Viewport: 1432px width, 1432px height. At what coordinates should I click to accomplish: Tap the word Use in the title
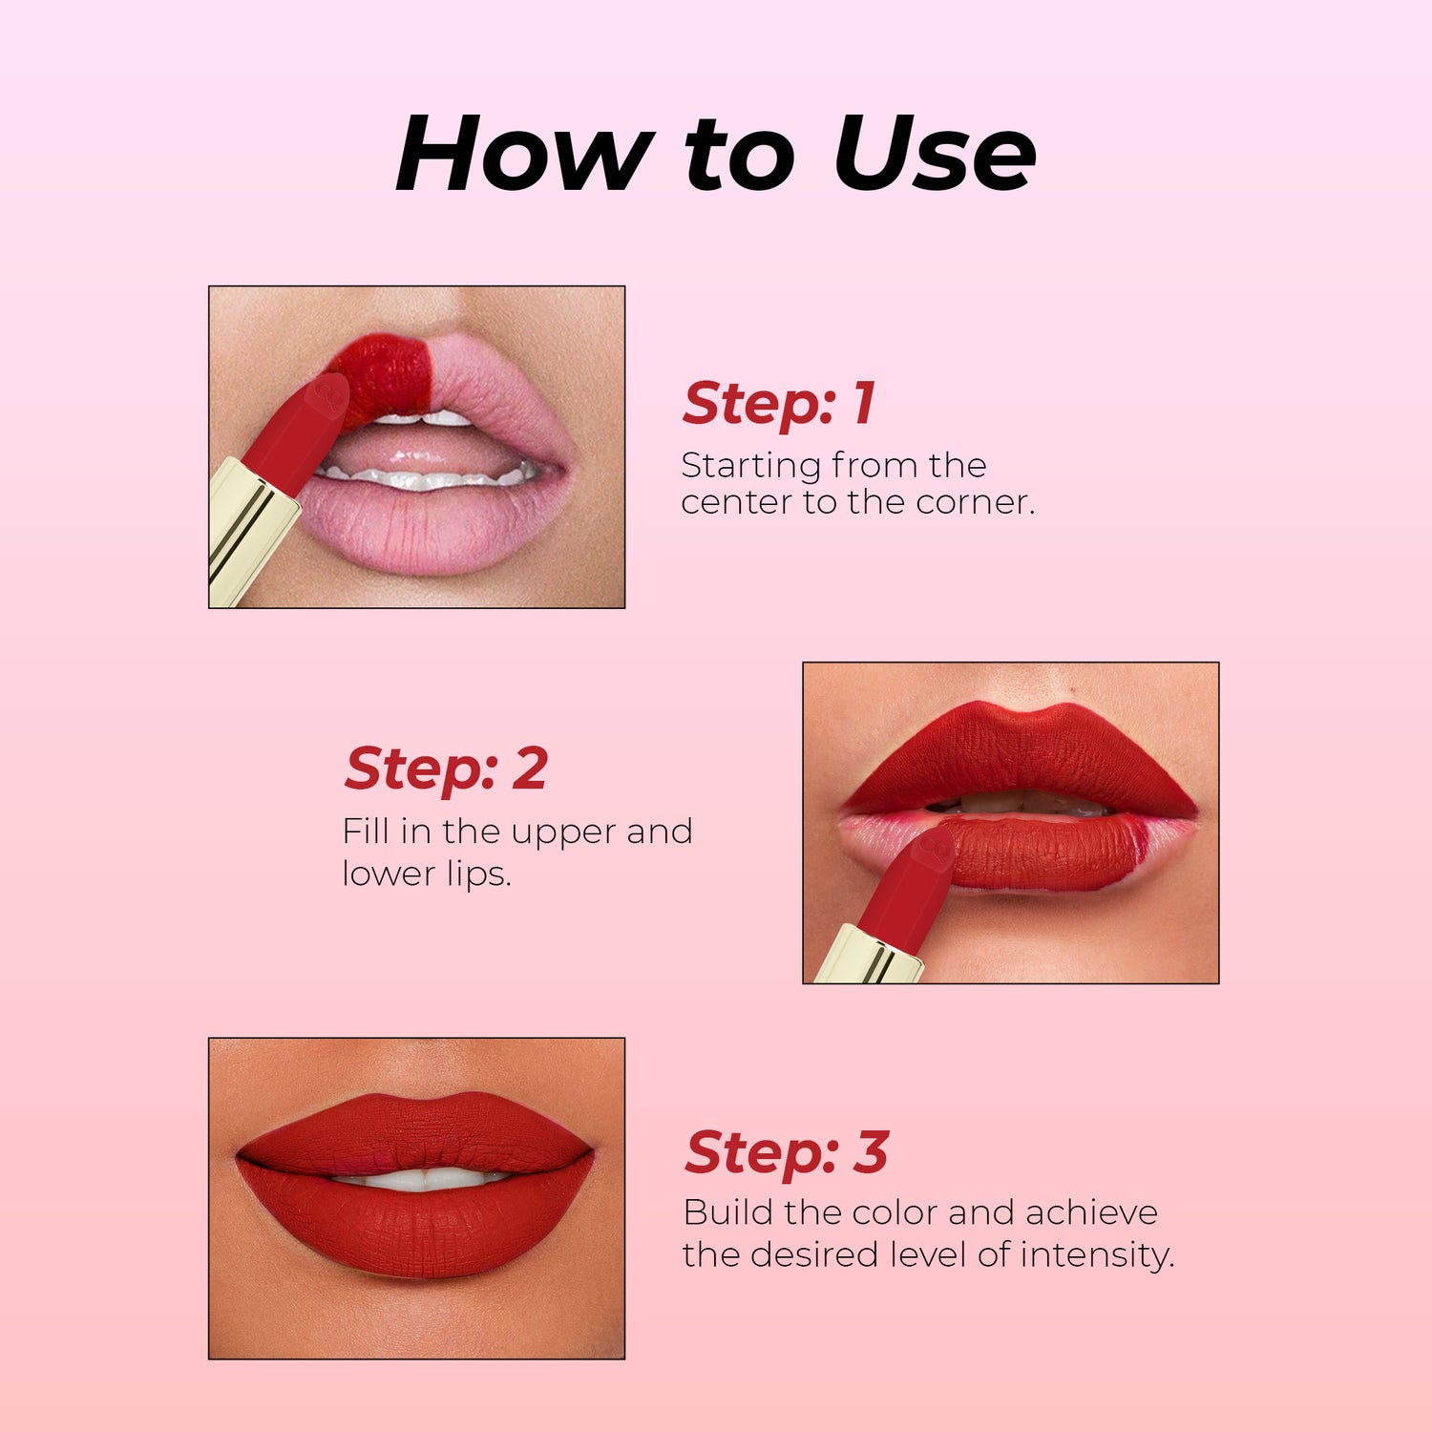935,153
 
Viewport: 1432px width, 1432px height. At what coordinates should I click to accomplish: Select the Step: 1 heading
779,403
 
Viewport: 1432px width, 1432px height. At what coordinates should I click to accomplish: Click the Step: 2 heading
446,769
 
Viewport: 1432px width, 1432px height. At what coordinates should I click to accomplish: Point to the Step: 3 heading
787,1152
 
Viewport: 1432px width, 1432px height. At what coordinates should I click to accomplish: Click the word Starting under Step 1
751,467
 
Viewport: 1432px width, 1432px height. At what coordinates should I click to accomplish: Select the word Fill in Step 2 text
367,831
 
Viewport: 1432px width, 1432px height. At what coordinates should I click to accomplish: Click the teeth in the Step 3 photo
420,1180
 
